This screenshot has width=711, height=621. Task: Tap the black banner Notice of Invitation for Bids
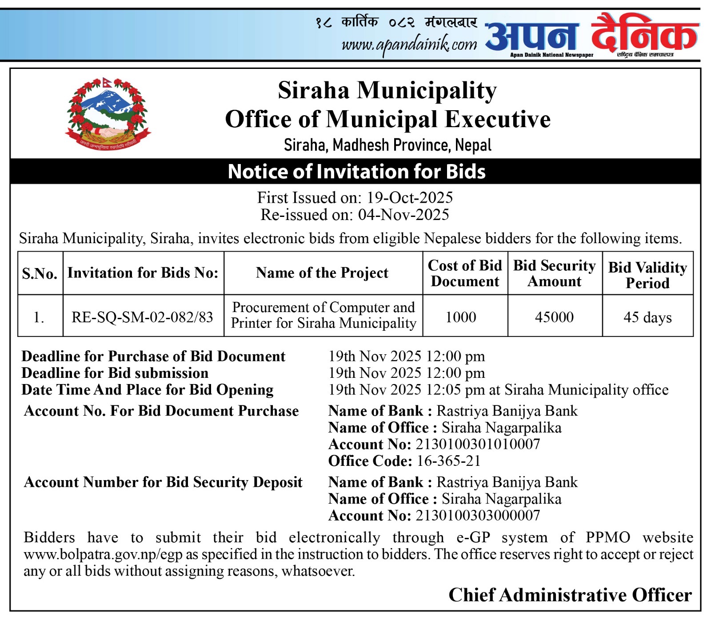coord(356,172)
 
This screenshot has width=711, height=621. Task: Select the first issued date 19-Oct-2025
coord(409,197)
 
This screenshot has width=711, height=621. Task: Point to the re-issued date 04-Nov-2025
coord(403,215)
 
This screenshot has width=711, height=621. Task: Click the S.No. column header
coord(40,273)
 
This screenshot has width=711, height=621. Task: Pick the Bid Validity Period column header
coord(647,275)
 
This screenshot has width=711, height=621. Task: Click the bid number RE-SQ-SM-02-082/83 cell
coord(143,317)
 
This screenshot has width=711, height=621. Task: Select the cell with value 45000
coord(554,317)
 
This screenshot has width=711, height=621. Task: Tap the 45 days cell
coord(647,317)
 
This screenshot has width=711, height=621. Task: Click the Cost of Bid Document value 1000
coord(461,317)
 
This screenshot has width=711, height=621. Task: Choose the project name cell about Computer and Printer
coord(323,315)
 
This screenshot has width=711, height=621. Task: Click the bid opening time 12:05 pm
coord(455,390)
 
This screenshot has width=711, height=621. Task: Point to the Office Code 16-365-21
coord(449,461)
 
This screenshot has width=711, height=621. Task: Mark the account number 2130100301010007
coord(478,444)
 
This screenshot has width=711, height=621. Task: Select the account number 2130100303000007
coord(478,516)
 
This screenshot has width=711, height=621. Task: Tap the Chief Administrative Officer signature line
coord(570,595)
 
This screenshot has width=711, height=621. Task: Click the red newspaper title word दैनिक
coord(644,34)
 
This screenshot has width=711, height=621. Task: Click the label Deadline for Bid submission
coord(115,373)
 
